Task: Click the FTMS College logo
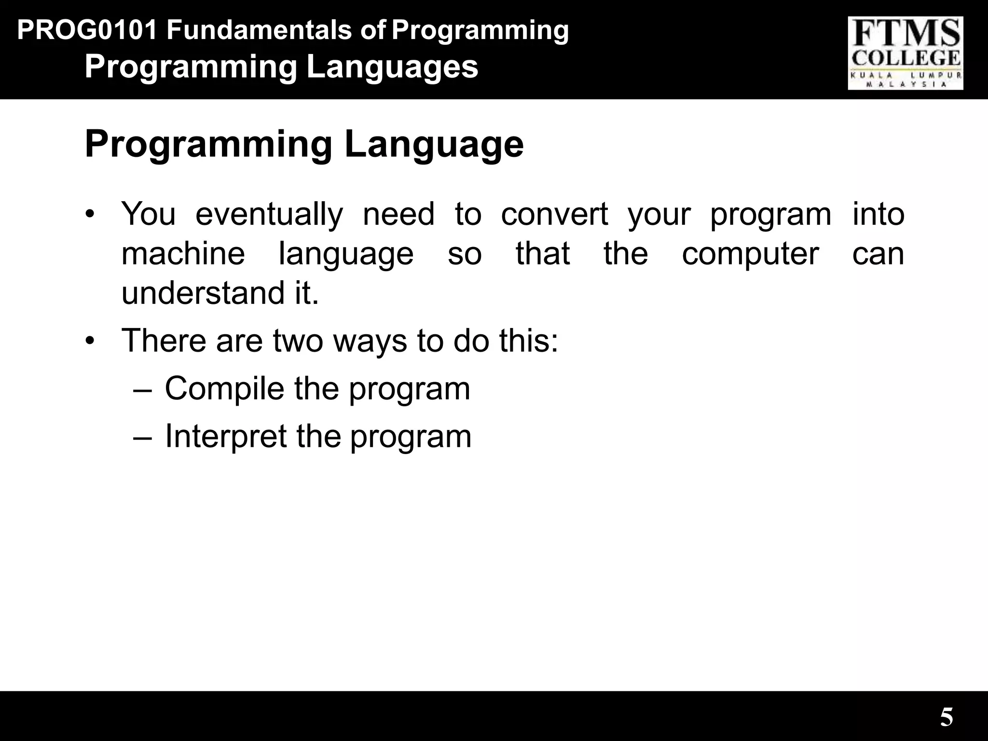point(905,53)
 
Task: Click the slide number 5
point(947,717)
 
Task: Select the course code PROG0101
point(87,30)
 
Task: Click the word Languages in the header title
point(392,67)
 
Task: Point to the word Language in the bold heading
point(434,144)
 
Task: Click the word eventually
point(269,214)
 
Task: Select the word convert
point(554,214)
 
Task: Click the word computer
point(750,254)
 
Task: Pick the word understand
point(203,293)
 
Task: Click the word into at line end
point(878,214)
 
